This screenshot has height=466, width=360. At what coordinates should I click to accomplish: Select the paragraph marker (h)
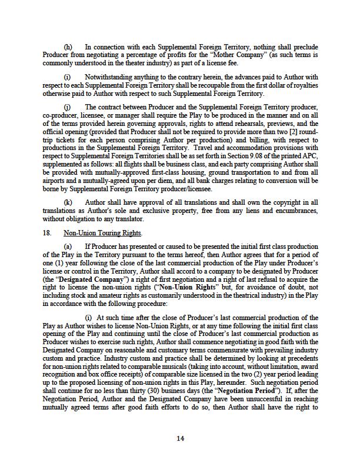[68, 46]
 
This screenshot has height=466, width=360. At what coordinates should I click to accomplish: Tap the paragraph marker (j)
[67, 107]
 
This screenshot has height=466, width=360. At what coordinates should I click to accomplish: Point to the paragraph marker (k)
[68, 202]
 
